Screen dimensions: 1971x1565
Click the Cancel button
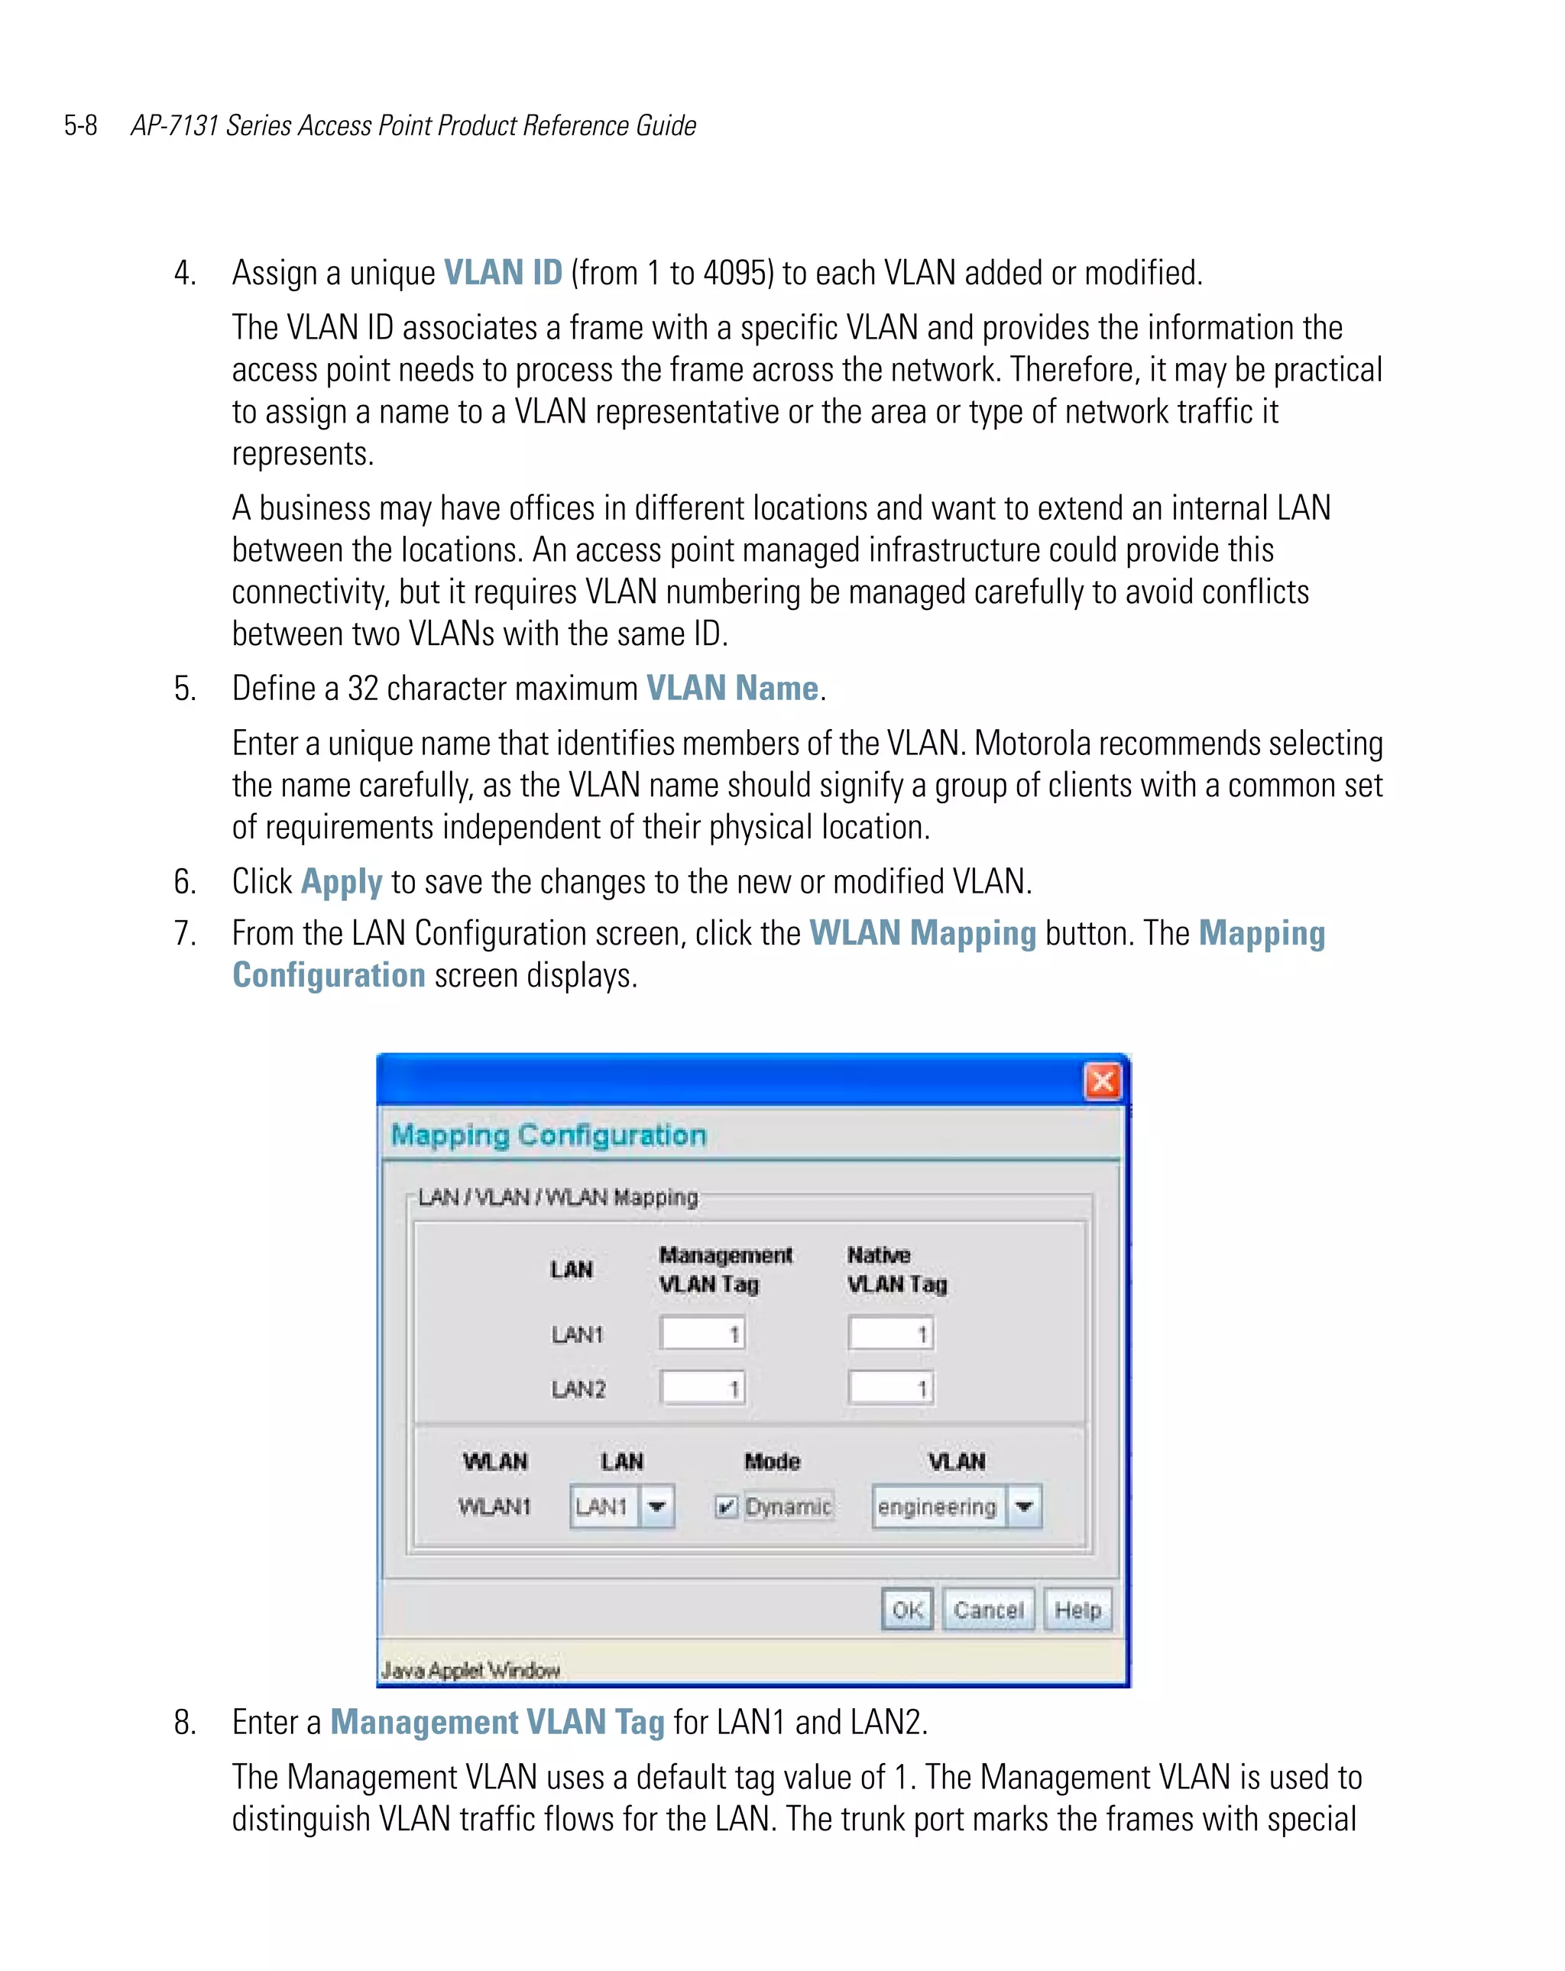pyautogui.click(x=987, y=1610)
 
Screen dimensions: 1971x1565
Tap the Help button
pyautogui.click(x=1077, y=1610)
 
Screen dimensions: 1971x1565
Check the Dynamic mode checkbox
pyautogui.click(x=726, y=1506)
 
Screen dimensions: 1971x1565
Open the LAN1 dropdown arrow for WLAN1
pyautogui.click(x=656, y=1506)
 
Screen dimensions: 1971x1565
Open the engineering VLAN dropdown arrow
pyautogui.click(x=1024, y=1506)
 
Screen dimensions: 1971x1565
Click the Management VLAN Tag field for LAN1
pyautogui.click(x=702, y=1334)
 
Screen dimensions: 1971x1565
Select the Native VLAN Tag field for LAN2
pyautogui.click(x=890, y=1389)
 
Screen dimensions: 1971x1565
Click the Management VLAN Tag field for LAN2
pyautogui.click(x=702, y=1389)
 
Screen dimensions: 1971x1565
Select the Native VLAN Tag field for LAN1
pyautogui.click(x=890, y=1334)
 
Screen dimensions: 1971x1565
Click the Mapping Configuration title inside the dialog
pyautogui.click(x=549, y=1136)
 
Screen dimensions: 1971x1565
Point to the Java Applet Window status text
pyautogui.click(x=470, y=1670)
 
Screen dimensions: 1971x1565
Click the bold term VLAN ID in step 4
pyautogui.click(x=503, y=272)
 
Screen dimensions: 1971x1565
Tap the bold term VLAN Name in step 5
pyautogui.click(x=731, y=689)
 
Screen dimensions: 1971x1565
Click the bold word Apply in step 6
pyautogui.click(x=341, y=882)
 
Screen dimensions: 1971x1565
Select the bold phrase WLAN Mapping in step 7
pyautogui.click(x=922, y=933)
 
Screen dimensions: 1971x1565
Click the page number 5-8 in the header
pyautogui.click(x=80, y=125)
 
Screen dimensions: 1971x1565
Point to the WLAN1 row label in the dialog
pyautogui.click(x=494, y=1506)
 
